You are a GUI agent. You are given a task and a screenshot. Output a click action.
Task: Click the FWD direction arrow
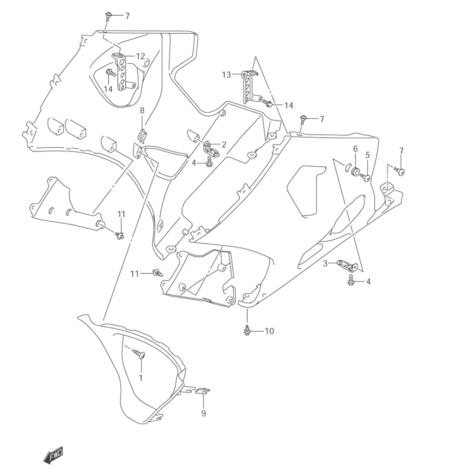click(x=53, y=455)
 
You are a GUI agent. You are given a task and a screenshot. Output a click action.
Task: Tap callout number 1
click(x=140, y=377)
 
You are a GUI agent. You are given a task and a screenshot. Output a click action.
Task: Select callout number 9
click(x=204, y=413)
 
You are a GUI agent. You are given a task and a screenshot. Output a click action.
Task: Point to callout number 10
click(x=269, y=331)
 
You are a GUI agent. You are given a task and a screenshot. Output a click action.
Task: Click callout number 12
click(x=140, y=56)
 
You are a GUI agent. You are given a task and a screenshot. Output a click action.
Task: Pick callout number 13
click(x=226, y=75)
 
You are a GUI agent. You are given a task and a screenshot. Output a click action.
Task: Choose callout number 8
click(x=142, y=110)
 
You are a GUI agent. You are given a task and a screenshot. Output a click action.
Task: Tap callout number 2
click(x=224, y=145)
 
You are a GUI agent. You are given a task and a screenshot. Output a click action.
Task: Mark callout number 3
click(x=325, y=263)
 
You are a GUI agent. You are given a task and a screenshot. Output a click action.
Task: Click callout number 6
click(x=355, y=148)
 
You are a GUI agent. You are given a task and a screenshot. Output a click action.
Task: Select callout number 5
click(x=367, y=155)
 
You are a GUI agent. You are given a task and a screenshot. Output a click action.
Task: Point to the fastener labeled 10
click(x=247, y=331)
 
